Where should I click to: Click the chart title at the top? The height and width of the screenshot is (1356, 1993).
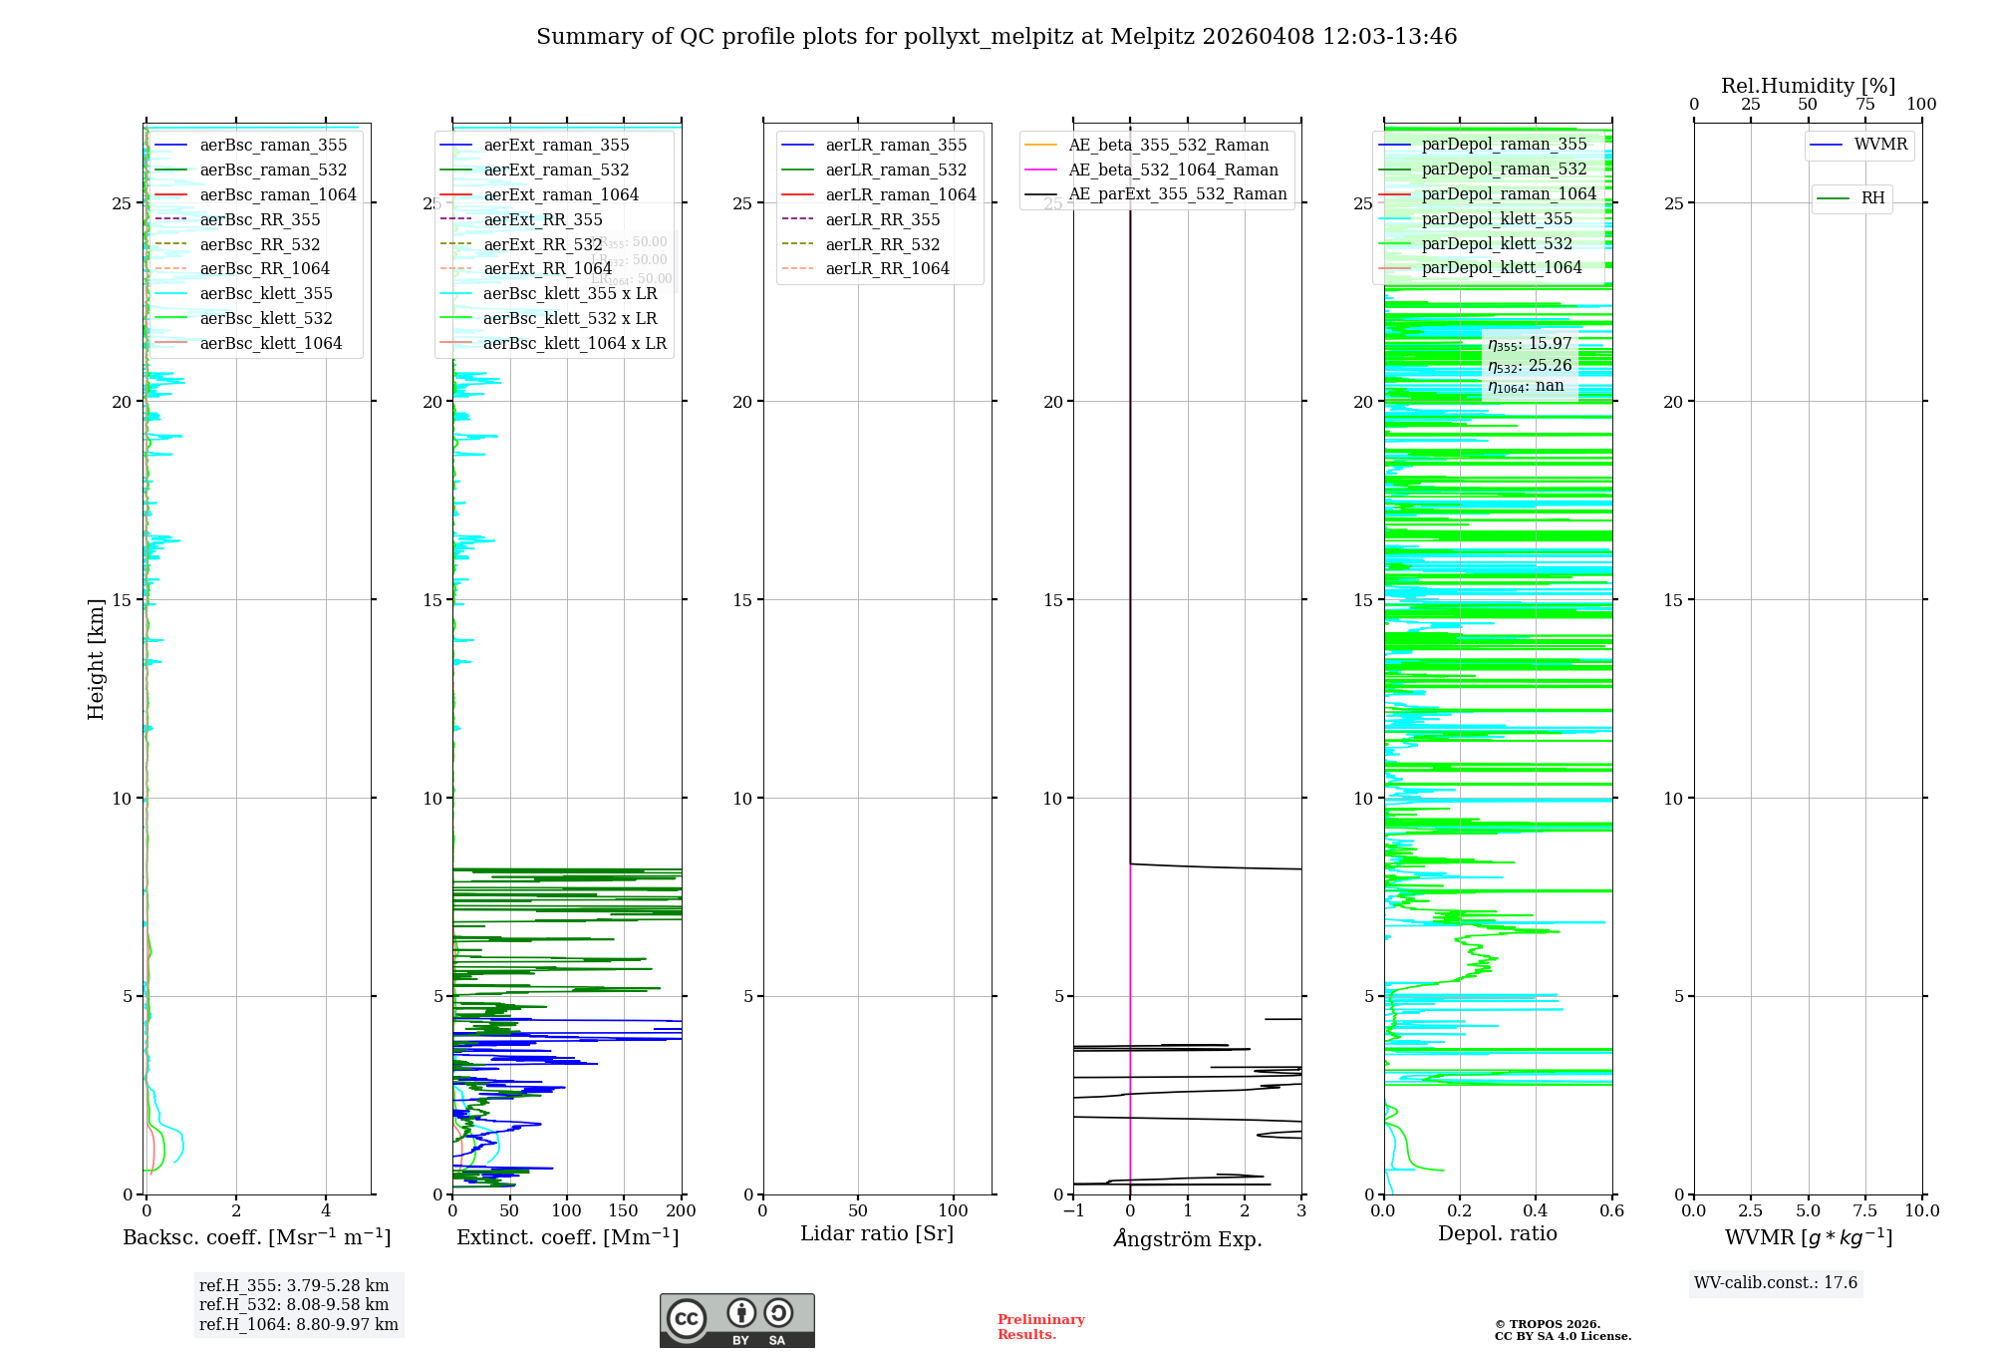[996, 37]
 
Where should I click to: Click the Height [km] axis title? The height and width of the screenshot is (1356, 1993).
[96, 659]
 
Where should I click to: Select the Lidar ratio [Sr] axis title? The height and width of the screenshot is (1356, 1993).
[877, 1233]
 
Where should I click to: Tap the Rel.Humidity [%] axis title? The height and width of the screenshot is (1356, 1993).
[1808, 86]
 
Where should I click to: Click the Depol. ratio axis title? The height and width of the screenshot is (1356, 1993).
[1497, 1233]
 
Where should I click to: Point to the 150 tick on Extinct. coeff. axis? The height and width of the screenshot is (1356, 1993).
[624, 1211]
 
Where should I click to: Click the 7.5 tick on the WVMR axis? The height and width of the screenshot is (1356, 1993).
[1865, 1211]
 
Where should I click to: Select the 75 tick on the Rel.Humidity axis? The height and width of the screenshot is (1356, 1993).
[1864, 105]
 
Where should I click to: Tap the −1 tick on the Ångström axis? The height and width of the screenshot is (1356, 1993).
[1073, 1211]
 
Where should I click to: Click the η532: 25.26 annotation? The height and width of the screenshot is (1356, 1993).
[1530, 366]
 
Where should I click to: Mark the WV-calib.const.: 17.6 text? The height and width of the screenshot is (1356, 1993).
[1776, 1283]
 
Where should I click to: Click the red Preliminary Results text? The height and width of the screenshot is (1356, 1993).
[1040, 1327]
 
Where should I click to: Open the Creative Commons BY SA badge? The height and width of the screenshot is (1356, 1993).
[736, 1321]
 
